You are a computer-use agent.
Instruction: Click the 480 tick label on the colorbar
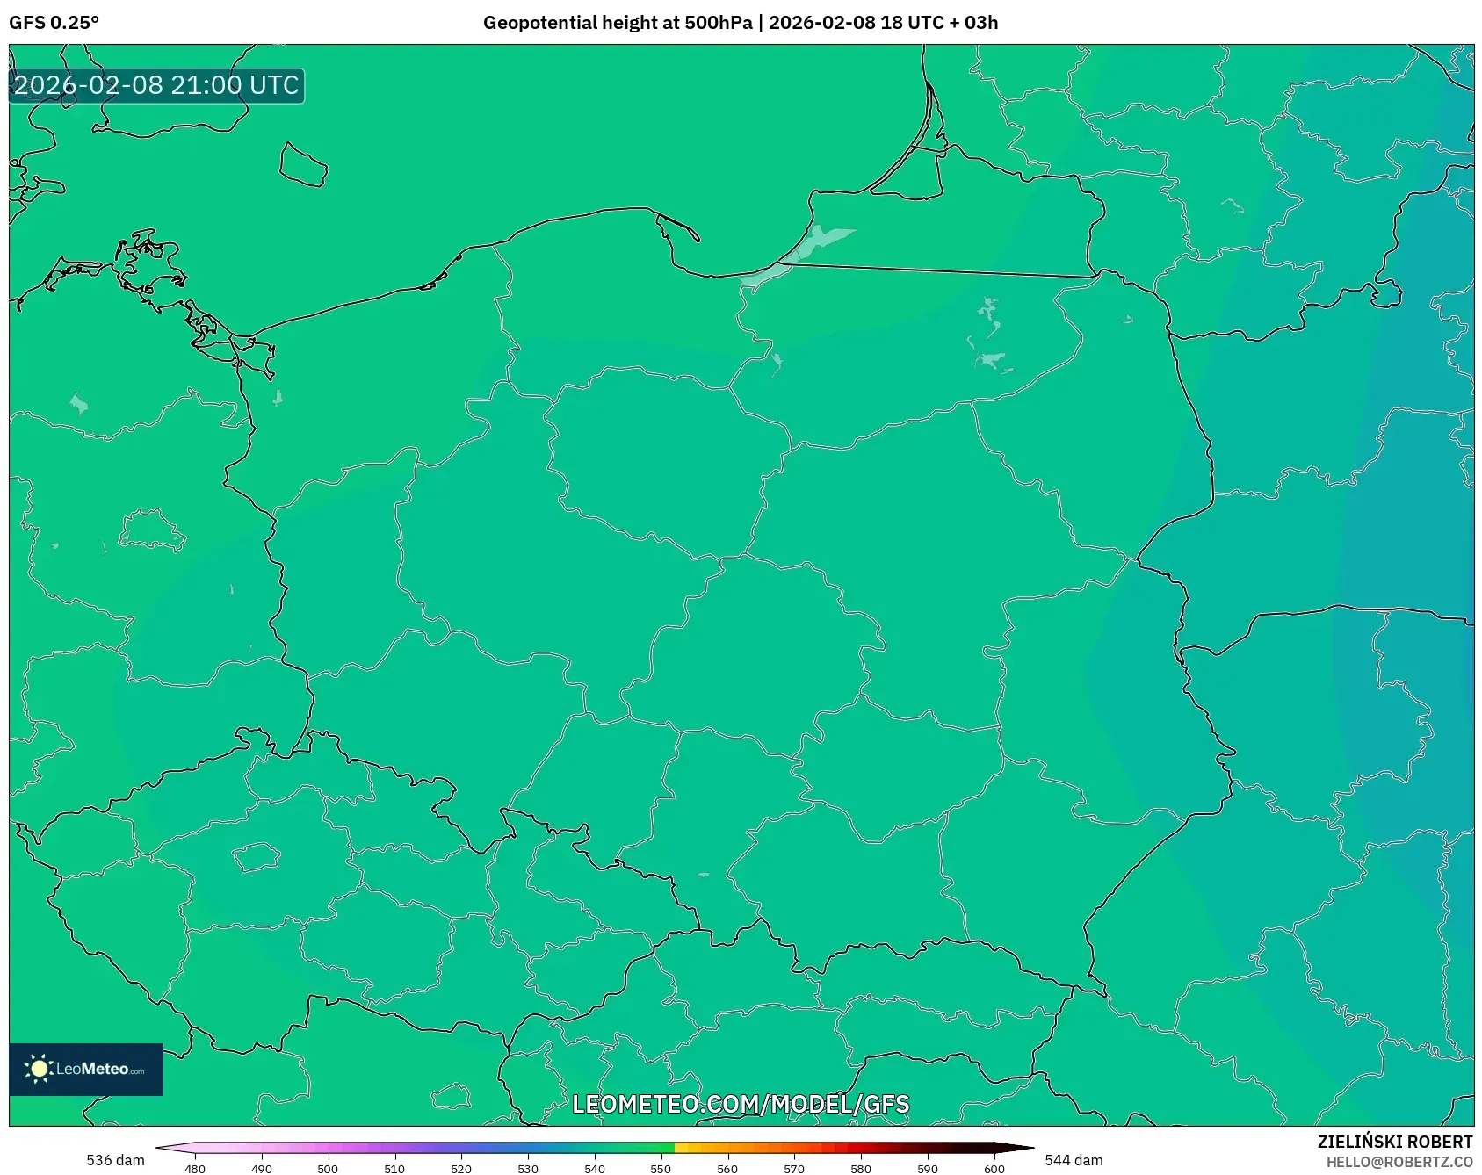point(195,1168)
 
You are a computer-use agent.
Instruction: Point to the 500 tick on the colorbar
point(328,1168)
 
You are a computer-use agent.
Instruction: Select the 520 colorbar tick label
point(461,1168)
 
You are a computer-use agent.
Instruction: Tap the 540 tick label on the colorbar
point(595,1168)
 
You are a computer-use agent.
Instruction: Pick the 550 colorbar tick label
point(661,1168)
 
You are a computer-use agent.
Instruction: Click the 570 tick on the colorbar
point(794,1168)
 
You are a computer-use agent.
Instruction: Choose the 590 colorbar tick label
point(928,1168)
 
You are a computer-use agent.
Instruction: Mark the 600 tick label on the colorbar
point(994,1168)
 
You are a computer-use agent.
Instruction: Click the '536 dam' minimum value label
point(115,1160)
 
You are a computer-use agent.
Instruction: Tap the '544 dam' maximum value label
point(1074,1160)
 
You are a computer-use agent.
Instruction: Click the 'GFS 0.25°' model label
point(54,23)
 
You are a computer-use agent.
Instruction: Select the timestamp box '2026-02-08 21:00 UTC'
point(156,85)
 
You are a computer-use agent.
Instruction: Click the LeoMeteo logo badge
point(86,1069)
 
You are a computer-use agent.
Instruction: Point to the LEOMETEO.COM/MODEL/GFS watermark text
point(741,1104)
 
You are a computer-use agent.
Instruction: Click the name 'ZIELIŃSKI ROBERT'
point(1395,1142)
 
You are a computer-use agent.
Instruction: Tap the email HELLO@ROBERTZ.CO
point(1399,1162)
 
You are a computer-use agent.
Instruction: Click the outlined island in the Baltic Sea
point(303,164)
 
